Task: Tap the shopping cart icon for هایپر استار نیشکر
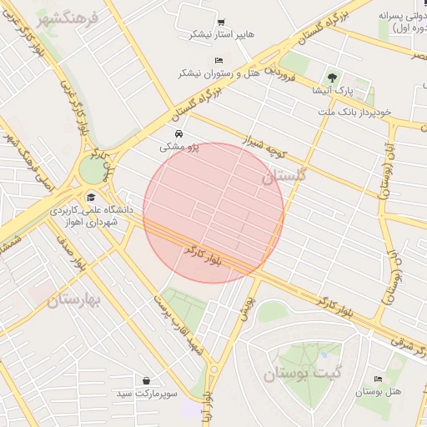point(220,23)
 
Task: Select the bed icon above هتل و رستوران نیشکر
point(219,61)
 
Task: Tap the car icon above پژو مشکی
point(178,133)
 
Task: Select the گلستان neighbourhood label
point(284,176)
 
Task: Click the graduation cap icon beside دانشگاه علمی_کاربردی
point(90,197)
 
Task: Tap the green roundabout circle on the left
point(91,170)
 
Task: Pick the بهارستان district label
point(74,299)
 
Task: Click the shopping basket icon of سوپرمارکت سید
point(147,380)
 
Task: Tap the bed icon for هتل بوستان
point(379,379)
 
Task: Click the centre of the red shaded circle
point(213,213)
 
